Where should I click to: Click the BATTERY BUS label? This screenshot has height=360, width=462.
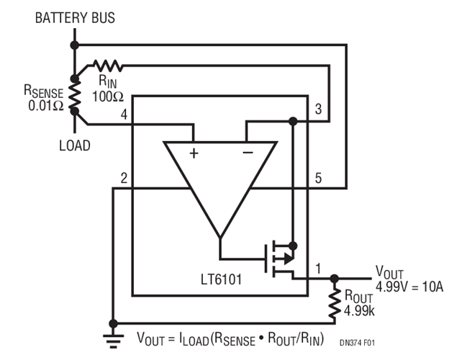[x=74, y=18]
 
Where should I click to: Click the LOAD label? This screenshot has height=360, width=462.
[x=74, y=145]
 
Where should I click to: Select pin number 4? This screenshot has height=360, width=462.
[x=124, y=114]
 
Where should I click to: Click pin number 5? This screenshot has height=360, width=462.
[x=317, y=178]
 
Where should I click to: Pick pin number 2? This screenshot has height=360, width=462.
[x=124, y=178]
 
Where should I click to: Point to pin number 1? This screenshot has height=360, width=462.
[x=317, y=269]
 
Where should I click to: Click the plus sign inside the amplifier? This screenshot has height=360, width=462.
[x=194, y=153]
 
